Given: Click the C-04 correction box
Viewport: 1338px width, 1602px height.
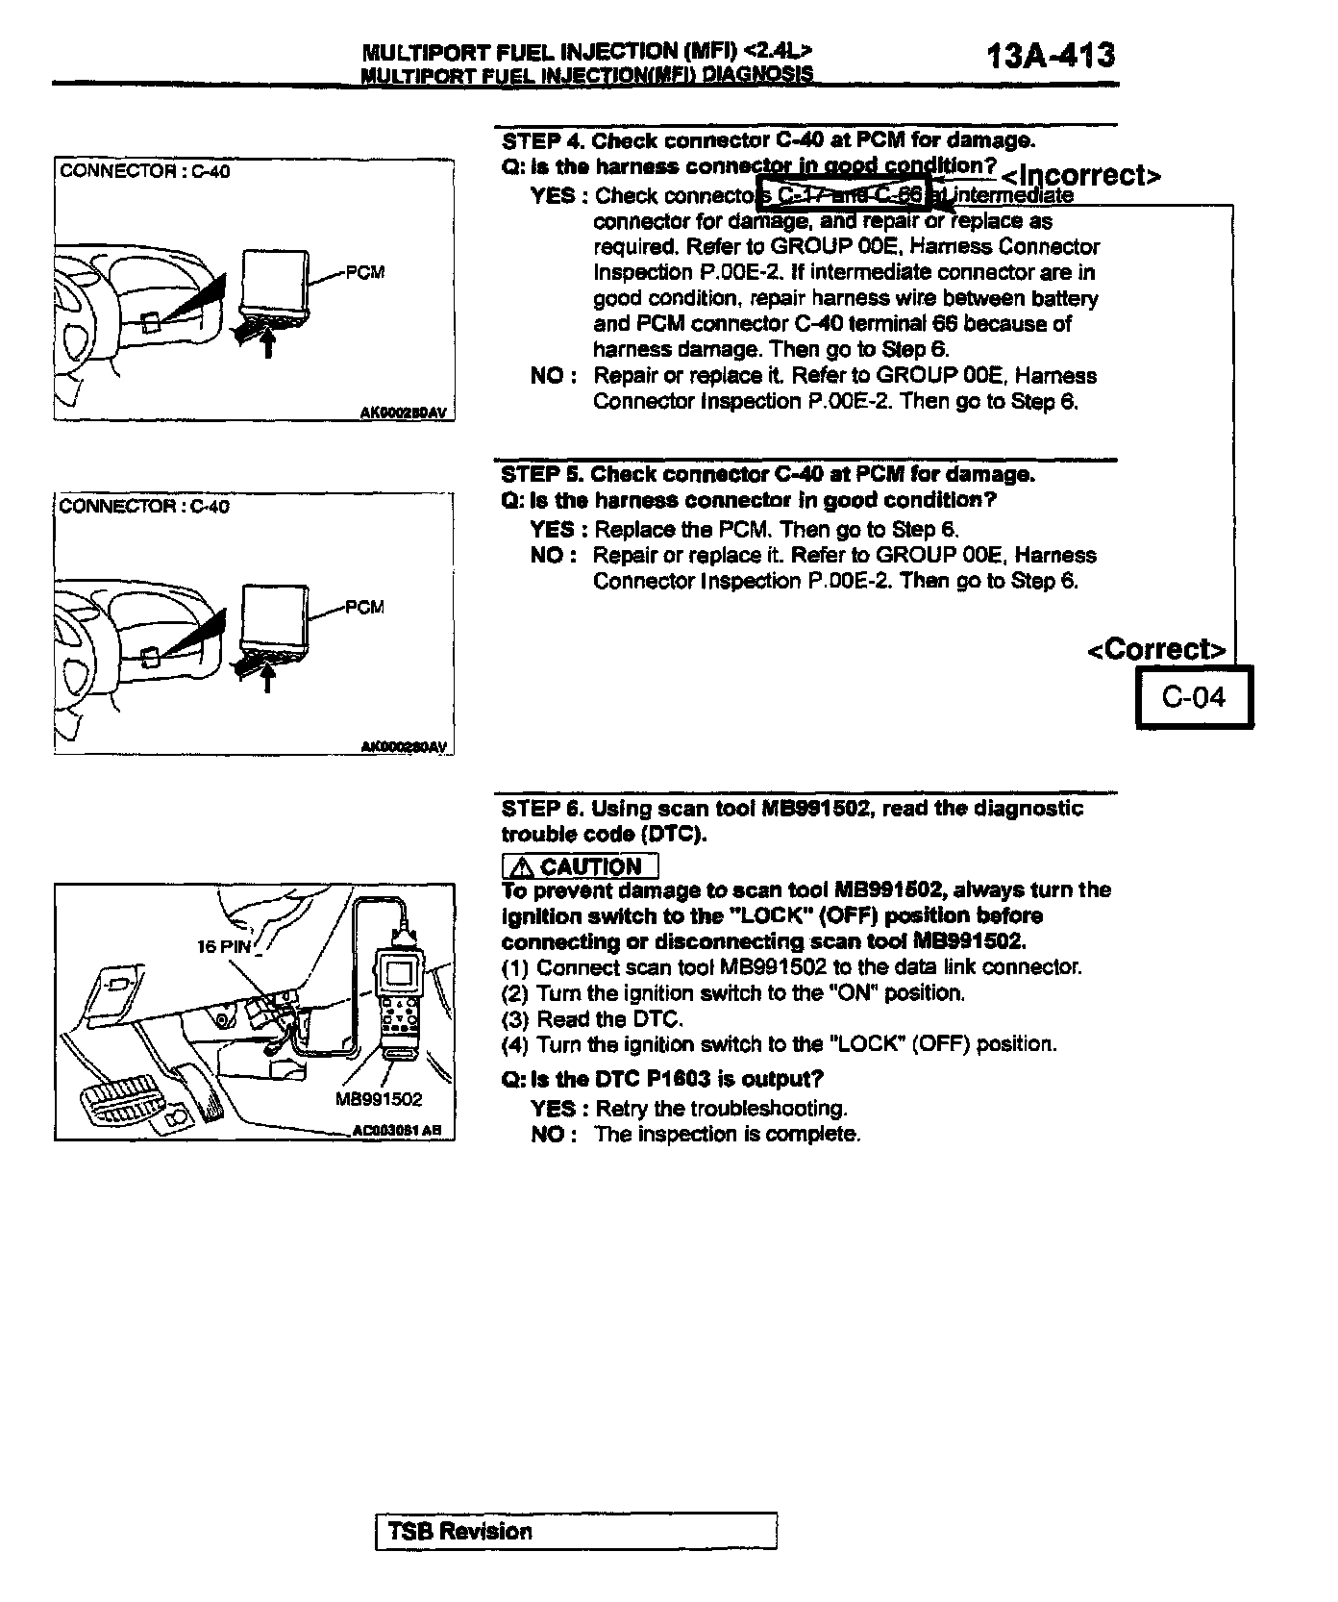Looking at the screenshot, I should (1194, 697).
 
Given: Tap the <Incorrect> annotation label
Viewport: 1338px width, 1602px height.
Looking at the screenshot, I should (1080, 175).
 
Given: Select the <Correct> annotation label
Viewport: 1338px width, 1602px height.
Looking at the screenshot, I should (1156, 649).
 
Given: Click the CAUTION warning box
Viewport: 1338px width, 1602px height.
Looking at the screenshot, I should (580, 866).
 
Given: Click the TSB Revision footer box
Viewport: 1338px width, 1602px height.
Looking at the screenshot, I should (575, 1531).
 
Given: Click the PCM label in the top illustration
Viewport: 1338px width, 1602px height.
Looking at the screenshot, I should (364, 272).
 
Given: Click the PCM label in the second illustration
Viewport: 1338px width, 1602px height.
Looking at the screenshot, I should (364, 607).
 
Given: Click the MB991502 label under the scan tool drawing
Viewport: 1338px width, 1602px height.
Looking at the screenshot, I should (379, 1099).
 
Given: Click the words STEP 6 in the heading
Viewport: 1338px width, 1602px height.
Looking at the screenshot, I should (540, 809).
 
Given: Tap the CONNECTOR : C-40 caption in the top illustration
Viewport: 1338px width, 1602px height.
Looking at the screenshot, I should (144, 171).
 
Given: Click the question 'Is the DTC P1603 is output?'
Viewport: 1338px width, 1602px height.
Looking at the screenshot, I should (662, 1079).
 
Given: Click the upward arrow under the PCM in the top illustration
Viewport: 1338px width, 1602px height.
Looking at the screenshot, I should (268, 343).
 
